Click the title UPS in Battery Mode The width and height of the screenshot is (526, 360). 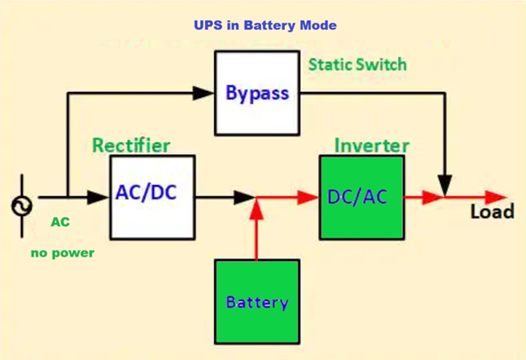[264, 25]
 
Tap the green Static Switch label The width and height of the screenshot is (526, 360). [357, 65]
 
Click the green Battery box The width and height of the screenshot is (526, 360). [256, 302]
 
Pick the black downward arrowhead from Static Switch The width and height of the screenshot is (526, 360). [447, 184]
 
